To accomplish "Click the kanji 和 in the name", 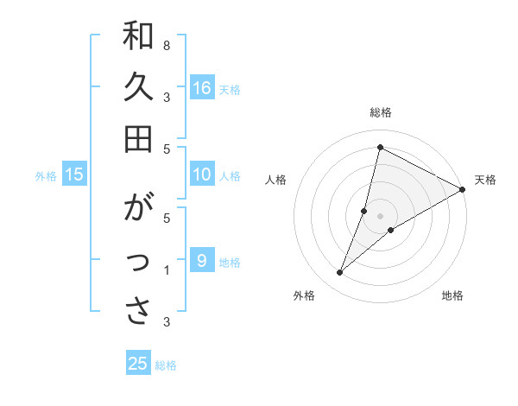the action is (138, 37).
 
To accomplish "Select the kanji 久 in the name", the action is (138, 88).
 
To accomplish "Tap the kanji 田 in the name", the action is (138, 137).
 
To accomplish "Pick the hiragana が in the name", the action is (138, 210).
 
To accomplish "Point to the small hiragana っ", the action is (138, 264).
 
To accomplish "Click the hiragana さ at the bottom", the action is (138, 312).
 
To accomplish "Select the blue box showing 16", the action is (202, 88).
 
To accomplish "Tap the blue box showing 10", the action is (202, 175).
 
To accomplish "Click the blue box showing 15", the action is (74, 175).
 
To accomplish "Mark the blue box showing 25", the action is (138, 364).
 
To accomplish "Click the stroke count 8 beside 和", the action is (166, 45).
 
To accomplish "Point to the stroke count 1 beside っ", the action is (166, 271).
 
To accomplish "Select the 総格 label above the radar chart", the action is (381, 112).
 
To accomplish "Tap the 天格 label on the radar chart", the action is (485, 180).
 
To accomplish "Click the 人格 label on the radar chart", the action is (276, 180).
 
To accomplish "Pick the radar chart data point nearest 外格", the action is (340, 273).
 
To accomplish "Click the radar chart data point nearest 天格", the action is (463, 190).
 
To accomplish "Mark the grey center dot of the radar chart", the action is (381, 216).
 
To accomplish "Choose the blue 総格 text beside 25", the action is (166, 365).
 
